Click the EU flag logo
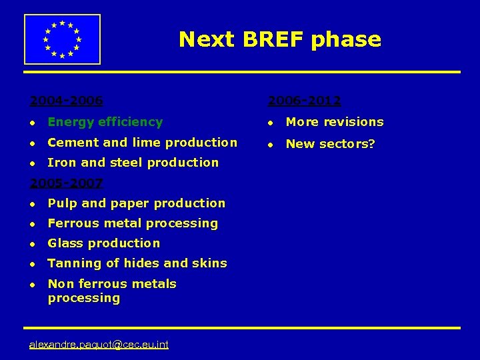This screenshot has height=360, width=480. [x=62, y=39]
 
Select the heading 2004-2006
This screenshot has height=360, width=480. [x=66, y=101]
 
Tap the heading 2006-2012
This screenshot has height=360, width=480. [x=304, y=101]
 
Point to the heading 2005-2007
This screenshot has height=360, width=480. [x=66, y=183]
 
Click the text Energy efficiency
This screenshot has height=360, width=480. [x=105, y=122]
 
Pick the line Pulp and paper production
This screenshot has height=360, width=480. [x=136, y=203]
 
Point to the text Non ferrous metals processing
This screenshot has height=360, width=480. [x=111, y=291]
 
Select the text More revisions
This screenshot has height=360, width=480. [x=334, y=122]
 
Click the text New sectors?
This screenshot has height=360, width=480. [x=330, y=143]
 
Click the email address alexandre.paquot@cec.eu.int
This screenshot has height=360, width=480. [x=99, y=344]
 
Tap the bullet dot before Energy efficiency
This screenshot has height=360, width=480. [x=31, y=123]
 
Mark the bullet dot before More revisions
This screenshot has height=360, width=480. [x=270, y=123]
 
